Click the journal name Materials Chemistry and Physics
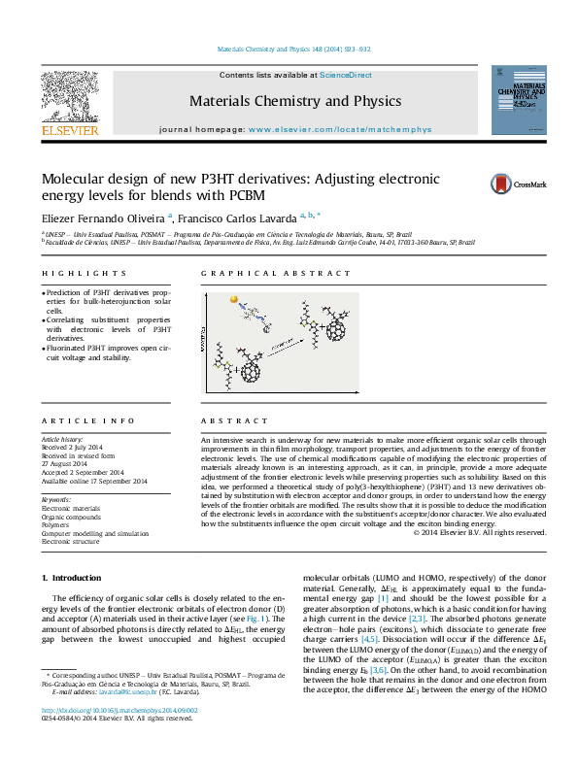pos(294,101)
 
